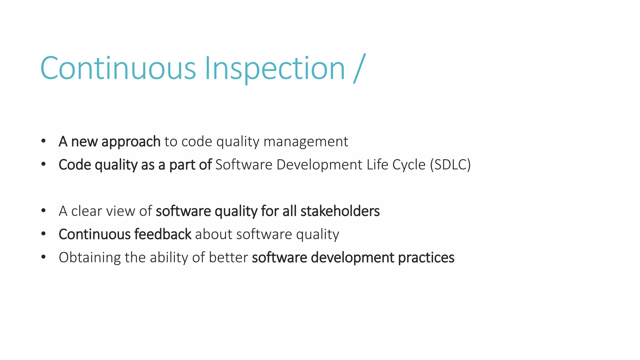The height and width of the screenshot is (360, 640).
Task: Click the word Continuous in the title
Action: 118,68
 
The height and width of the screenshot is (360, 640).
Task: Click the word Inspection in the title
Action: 275,68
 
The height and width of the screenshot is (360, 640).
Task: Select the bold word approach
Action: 131,142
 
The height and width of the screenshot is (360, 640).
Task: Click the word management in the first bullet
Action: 306,142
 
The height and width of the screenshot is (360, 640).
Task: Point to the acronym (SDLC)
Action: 450,165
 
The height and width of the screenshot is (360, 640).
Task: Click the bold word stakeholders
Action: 340,211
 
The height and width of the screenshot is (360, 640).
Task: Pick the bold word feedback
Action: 163,234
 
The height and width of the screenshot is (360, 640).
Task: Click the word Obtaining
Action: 90,257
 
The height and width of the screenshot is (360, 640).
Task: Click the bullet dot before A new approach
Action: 43,141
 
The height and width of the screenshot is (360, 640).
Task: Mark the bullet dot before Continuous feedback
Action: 43,234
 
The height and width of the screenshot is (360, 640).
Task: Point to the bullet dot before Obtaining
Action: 43,257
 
